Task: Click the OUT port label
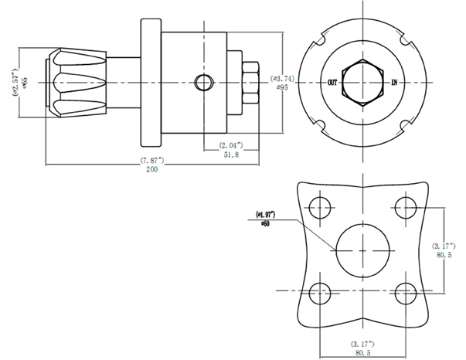[x=333, y=81]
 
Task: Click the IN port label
[x=395, y=81]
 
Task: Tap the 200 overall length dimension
[x=151, y=170]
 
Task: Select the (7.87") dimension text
[x=151, y=161]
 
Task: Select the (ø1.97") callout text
[x=266, y=214]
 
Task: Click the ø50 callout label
[x=265, y=223]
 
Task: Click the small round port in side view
[x=202, y=82]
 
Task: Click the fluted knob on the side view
[x=78, y=81]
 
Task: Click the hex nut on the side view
[x=250, y=82]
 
